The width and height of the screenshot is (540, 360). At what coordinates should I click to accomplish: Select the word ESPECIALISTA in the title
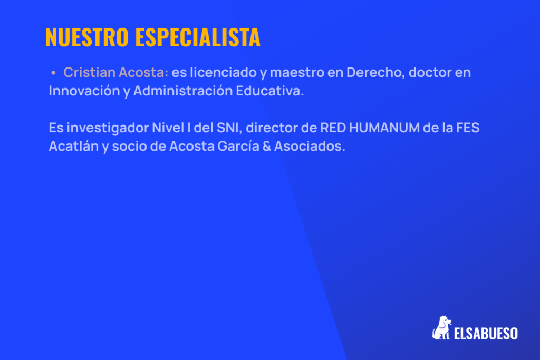point(198,37)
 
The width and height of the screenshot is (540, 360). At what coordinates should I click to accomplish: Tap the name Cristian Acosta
point(115,73)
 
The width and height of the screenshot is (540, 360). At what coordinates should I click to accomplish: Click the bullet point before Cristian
point(53,73)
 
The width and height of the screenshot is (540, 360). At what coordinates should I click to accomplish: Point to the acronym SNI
point(228,128)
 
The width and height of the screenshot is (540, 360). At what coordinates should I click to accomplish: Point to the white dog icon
point(441,328)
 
